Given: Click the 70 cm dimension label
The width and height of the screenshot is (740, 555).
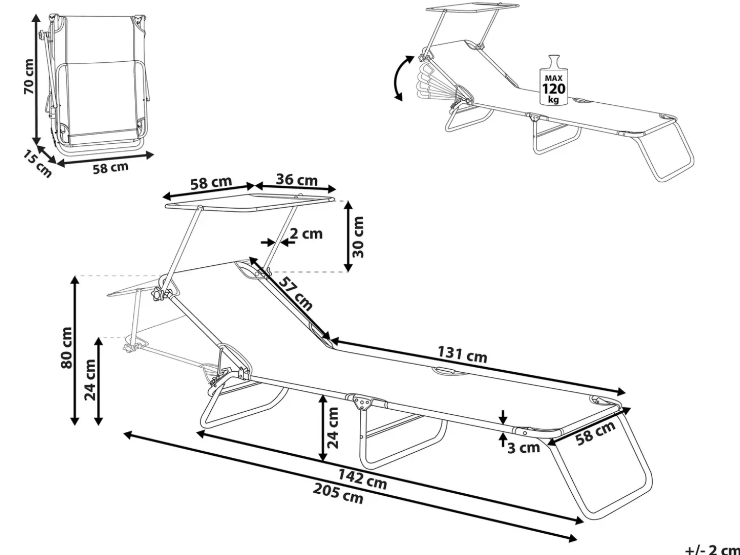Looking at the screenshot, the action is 29,77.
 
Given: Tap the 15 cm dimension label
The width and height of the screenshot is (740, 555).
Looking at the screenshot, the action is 38,164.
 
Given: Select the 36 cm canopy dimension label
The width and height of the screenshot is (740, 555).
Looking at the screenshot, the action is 297,180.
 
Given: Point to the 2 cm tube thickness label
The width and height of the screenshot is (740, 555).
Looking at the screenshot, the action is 306,234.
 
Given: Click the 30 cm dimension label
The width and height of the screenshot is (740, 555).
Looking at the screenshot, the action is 358,237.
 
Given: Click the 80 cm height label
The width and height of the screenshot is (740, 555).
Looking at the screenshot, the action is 67,347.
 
